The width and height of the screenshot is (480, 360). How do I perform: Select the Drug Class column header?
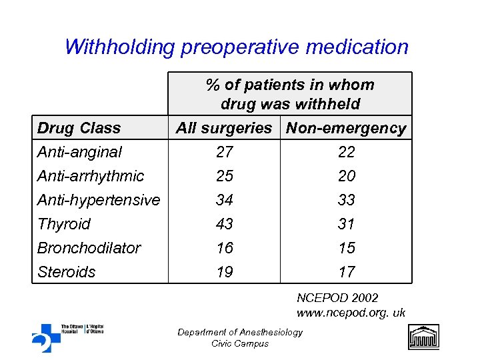pyautogui.click(x=79, y=128)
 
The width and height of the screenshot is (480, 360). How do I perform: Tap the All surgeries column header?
pyautogui.click(x=224, y=128)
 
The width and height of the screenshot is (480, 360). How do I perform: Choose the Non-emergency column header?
pyautogui.click(x=346, y=128)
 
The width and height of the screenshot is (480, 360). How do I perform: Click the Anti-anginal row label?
pyautogui.click(x=79, y=152)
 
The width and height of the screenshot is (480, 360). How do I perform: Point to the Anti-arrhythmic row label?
pyautogui.click(x=90, y=176)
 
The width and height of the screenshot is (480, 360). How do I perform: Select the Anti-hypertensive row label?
pyautogui.click(x=98, y=200)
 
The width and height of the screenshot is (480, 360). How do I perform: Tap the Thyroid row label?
pyautogui.click(x=63, y=224)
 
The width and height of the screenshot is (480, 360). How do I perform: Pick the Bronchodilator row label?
pyautogui.click(x=89, y=248)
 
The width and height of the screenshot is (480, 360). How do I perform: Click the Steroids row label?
pyautogui.click(x=66, y=272)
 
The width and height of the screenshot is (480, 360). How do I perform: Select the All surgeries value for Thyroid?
pyautogui.click(x=225, y=224)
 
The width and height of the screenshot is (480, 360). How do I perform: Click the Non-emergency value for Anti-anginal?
pyautogui.click(x=347, y=152)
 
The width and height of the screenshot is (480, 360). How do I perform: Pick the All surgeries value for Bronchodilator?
pyautogui.click(x=225, y=248)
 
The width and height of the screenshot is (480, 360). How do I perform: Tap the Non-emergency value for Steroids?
pyautogui.click(x=347, y=272)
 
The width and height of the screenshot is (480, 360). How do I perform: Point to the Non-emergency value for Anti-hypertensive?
pyautogui.click(x=347, y=200)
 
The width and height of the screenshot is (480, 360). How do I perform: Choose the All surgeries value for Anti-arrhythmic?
pyautogui.click(x=225, y=176)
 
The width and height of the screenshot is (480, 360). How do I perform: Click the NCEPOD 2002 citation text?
pyautogui.click(x=337, y=298)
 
